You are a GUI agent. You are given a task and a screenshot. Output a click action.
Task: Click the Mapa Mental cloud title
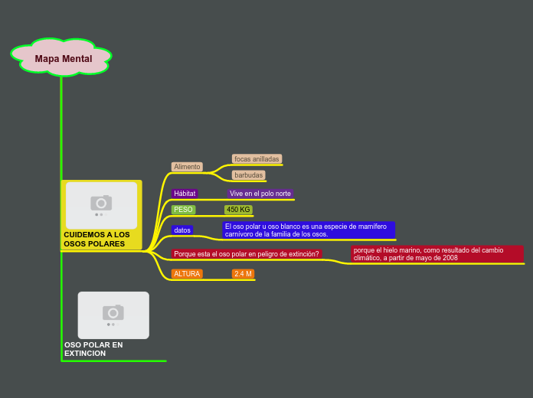(63, 58)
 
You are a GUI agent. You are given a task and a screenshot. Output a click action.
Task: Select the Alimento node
(187, 167)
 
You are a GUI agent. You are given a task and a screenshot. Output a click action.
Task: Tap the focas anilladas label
(257, 159)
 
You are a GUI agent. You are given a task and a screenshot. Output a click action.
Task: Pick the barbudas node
(248, 175)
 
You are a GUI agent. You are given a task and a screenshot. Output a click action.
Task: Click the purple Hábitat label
(185, 194)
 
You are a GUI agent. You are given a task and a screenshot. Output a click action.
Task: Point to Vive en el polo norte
(260, 194)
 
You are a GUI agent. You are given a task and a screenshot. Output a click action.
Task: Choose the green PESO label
(183, 210)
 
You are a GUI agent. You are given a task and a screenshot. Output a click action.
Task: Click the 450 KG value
(238, 210)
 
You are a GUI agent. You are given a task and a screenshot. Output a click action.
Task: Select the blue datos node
(182, 230)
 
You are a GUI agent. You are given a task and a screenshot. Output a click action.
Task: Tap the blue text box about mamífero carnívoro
(308, 230)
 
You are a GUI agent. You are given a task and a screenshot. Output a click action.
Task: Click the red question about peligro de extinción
(246, 254)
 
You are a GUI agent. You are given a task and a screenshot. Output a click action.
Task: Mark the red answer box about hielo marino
(437, 254)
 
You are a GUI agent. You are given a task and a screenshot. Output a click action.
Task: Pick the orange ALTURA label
(187, 274)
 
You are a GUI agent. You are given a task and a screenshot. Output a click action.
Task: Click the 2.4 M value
(243, 274)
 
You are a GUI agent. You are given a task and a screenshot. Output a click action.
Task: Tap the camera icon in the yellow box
(101, 203)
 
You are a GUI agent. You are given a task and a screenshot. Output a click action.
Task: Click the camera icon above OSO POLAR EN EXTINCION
(113, 312)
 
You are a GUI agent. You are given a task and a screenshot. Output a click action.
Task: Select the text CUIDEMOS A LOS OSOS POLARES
(96, 240)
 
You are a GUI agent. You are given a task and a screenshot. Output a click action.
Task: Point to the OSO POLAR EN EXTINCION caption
(93, 349)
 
